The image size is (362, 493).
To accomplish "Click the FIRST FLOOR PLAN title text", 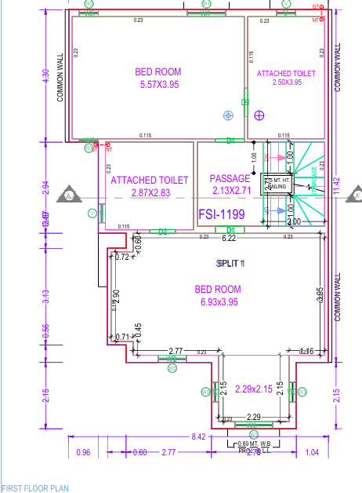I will [34, 488].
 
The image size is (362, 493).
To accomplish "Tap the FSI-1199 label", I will [222, 214].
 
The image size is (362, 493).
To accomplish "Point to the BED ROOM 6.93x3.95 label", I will [218, 295].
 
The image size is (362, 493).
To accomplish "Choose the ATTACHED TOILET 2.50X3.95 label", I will [286, 77].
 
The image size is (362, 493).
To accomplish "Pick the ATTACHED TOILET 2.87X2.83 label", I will [150, 186].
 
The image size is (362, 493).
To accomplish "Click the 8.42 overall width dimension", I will [198, 436].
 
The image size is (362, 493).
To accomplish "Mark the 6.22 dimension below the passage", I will [229, 238].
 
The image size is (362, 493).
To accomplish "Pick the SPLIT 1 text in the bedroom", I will [231, 263].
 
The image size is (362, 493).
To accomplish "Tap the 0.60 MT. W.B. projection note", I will [255, 444].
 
